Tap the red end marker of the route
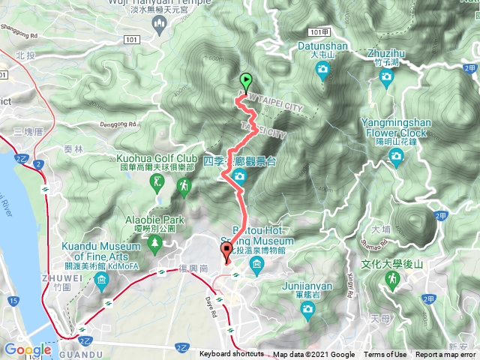[226, 251]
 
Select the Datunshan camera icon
[322, 71]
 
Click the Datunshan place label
[328, 46]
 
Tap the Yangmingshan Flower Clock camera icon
[396, 157]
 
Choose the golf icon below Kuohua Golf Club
[156, 181]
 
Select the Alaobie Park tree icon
[155, 241]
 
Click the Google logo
[28, 349]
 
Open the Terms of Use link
[385, 355]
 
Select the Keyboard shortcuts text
[231, 355]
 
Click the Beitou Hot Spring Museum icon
[257, 264]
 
